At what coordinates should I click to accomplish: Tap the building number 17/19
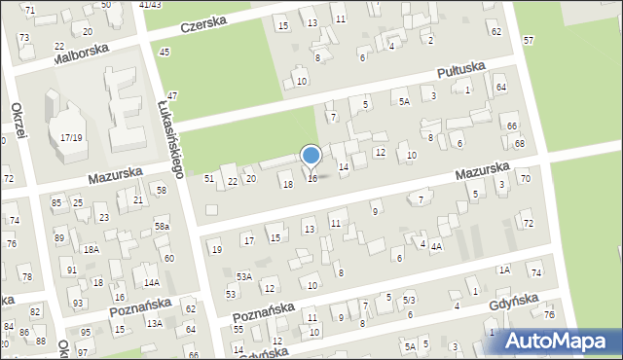click(x=71, y=138)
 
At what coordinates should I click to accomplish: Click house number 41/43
click(x=150, y=5)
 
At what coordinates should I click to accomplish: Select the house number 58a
click(x=162, y=227)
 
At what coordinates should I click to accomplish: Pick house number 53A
click(x=244, y=276)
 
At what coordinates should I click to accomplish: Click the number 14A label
click(x=151, y=282)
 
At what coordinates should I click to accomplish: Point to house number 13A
click(x=154, y=323)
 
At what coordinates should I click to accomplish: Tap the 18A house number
click(x=91, y=249)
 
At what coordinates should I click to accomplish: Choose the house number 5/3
click(x=409, y=300)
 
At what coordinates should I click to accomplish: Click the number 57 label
click(x=528, y=40)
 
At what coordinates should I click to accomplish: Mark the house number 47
click(x=171, y=95)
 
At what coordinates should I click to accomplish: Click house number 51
click(x=208, y=178)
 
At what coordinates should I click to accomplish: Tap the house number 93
click(x=78, y=304)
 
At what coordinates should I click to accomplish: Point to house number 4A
click(x=437, y=246)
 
